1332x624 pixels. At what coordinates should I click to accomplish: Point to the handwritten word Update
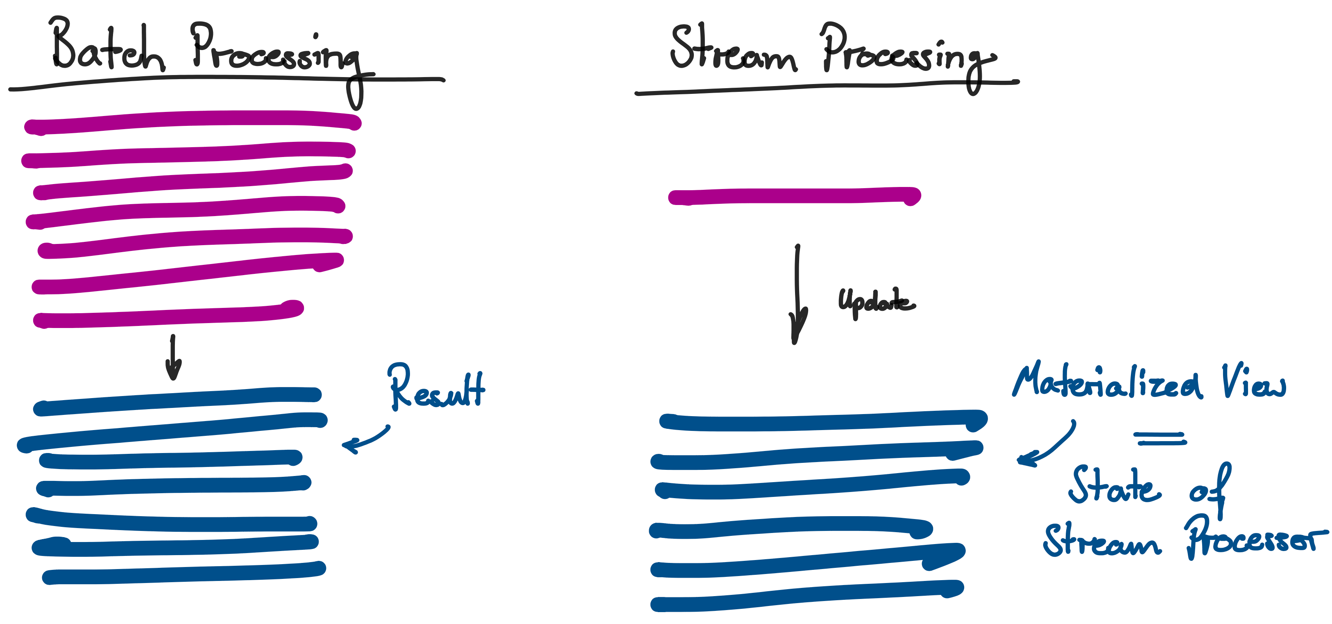pyautogui.click(x=877, y=302)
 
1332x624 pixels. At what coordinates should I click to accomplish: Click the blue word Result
pyautogui.click(x=436, y=387)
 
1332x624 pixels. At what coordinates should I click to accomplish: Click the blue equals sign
pyautogui.click(x=1160, y=439)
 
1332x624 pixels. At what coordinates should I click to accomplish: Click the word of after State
pyautogui.click(x=1210, y=490)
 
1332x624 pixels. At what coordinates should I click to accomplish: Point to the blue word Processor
pyautogui.click(x=1257, y=538)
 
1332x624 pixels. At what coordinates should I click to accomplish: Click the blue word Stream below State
pyautogui.click(x=1101, y=540)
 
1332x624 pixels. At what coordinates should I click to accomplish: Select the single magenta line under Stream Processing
pyautogui.click(x=795, y=196)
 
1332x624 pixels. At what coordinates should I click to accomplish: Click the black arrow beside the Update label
pyautogui.click(x=797, y=294)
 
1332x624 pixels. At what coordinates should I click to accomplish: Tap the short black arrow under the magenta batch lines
pyautogui.click(x=173, y=357)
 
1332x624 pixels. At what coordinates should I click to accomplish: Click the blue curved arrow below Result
pyautogui.click(x=366, y=440)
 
